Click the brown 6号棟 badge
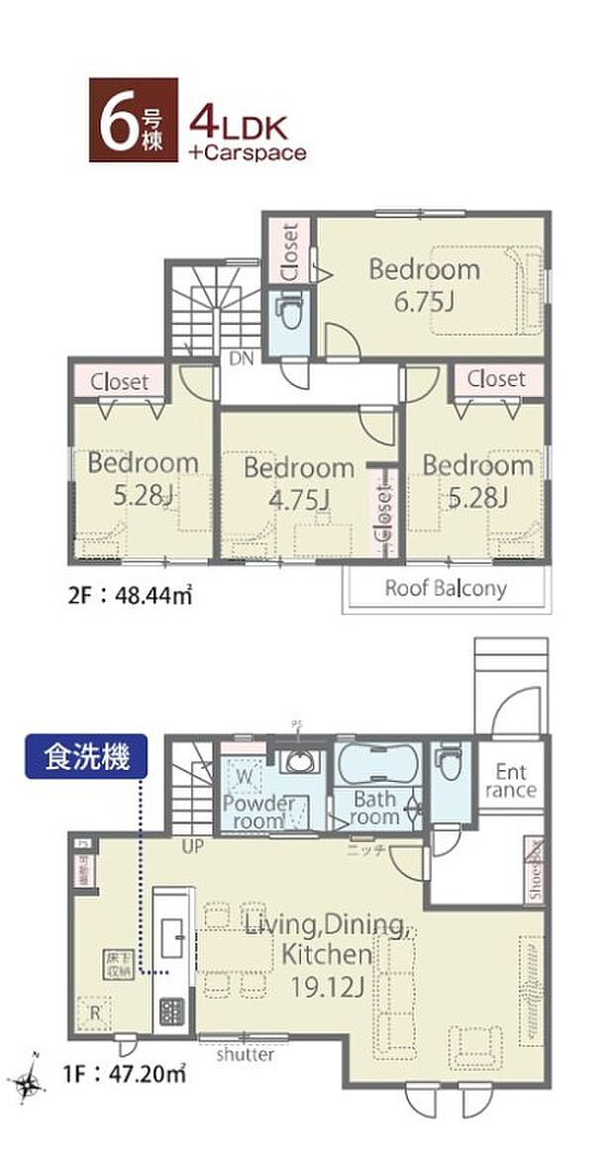click(x=134, y=120)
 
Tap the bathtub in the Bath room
click(x=377, y=765)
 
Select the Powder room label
click(x=256, y=811)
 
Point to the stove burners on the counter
click(x=170, y=1012)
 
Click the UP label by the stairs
click(x=192, y=848)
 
